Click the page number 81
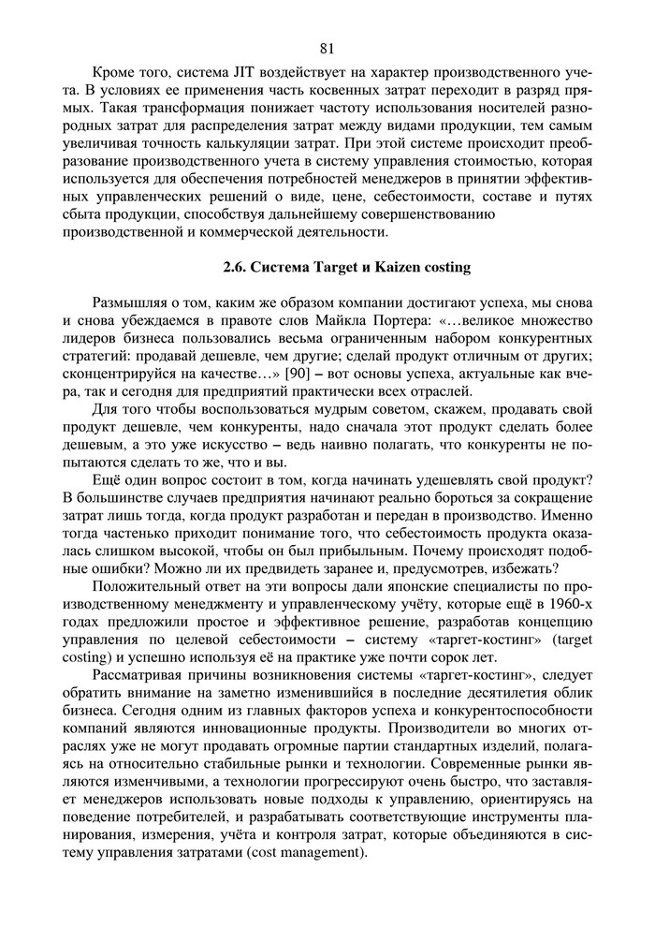[327, 49]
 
